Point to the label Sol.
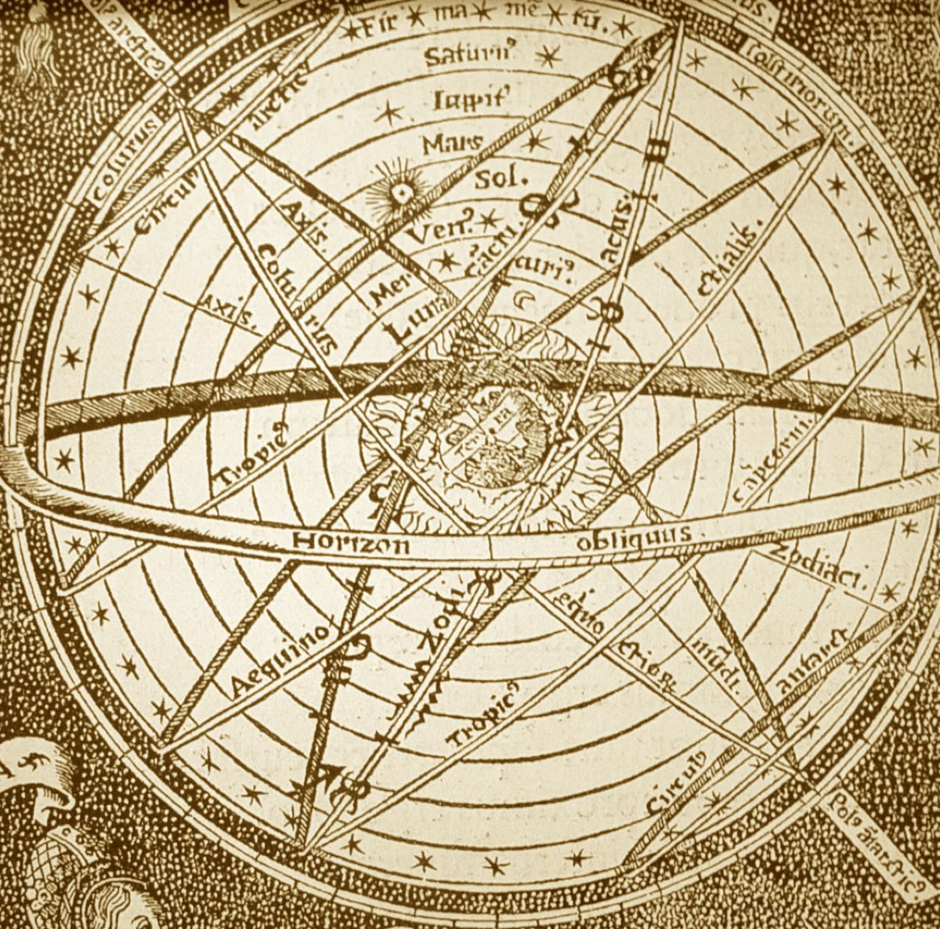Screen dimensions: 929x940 click(x=497, y=179)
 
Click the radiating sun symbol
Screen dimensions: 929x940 click(x=402, y=191)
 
